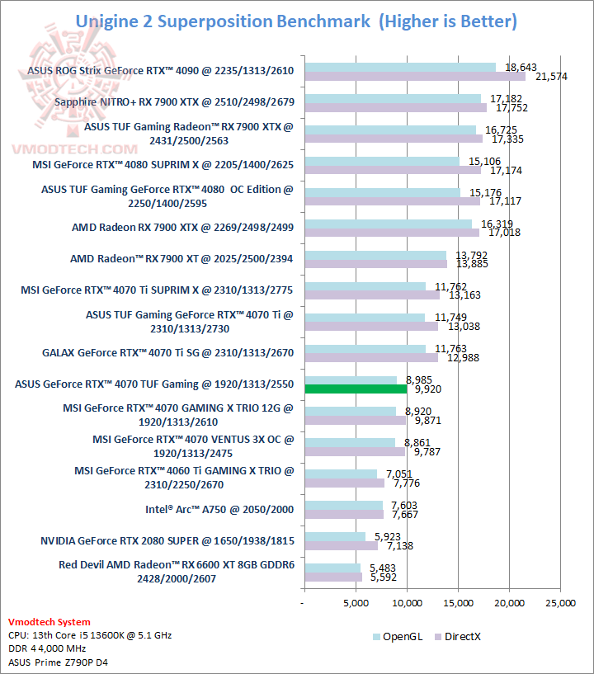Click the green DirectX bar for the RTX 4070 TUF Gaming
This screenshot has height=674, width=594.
point(356,389)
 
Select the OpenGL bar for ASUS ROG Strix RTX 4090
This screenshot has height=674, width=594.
point(400,67)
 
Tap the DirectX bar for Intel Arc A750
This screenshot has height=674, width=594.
point(344,515)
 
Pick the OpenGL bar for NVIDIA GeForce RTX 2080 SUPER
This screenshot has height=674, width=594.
point(335,536)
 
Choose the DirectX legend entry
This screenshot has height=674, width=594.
point(464,636)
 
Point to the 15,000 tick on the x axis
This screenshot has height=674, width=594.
point(459,603)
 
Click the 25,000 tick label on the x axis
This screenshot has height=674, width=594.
point(561,603)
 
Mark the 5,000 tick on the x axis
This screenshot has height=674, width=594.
point(356,603)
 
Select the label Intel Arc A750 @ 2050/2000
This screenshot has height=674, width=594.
point(219,509)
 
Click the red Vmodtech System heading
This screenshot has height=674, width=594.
point(49,622)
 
